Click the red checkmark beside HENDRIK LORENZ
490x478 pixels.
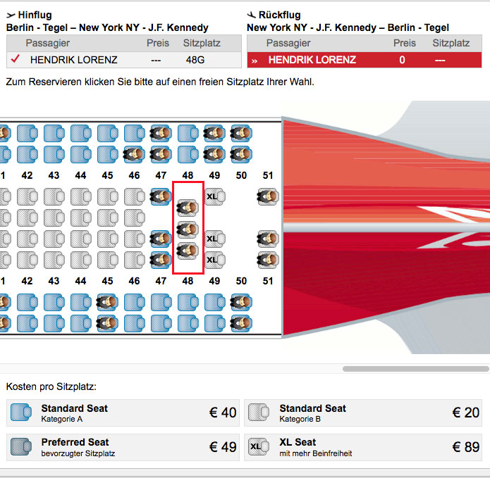pyautogui.click(x=15, y=59)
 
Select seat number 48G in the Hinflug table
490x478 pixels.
pyautogui.click(x=195, y=60)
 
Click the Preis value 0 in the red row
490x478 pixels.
pyautogui.click(x=402, y=60)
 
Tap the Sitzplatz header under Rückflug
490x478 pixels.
pyautogui.click(x=451, y=43)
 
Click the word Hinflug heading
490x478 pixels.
pyautogui.click(x=35, y=15)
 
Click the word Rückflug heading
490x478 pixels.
pyautogui.click(x=280, y=15)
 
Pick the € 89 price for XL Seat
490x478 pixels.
pyautogui.click(x=465, y=447)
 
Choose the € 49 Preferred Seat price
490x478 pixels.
pyautogui.click(x=223, y=447)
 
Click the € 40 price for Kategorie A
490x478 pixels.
pyautogui.click(x=223, y=413)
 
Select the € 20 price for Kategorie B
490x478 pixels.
pyautogui.click(x=465, y=413)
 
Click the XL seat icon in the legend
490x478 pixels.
pyautogui.click(x=259, y=447)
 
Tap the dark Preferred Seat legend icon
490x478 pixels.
pyautogui.click(x=21, y=447)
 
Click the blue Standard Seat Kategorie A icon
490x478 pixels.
pyautogui.click(x=21, y=412)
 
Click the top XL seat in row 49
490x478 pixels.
pyautogui.click(x=215, y=196)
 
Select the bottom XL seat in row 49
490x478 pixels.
pyautogui.click(x=215, y=260)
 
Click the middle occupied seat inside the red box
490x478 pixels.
pyautogui.click(x=188, y=229)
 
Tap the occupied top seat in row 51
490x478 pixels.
pyautogui.click(x=267, y=196)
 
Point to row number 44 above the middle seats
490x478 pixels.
pyautogui.click(x=80, y=175)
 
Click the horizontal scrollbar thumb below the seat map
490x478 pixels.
pyautogui.click(x=416, y=369)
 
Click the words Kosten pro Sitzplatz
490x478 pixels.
pyautogui.click(x=51, y=387)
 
